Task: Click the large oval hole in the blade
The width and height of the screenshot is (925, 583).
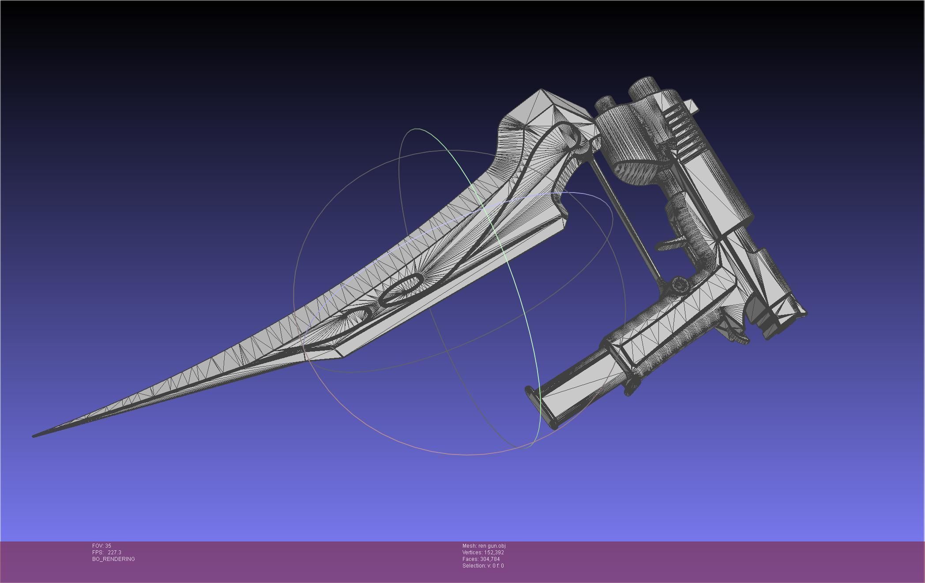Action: (x=401, y=290)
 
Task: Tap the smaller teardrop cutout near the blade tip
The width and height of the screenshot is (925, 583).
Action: (x=357, y=316)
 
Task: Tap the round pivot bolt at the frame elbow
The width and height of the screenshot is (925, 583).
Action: (x=680, y=285)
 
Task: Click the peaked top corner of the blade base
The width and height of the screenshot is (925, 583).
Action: (x=541, y=91)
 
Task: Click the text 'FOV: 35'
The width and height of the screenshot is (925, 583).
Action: (x=102, y=546)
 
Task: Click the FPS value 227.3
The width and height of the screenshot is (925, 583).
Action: (x=114, y=553)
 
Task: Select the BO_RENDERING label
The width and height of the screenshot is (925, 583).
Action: (x=113, y=559)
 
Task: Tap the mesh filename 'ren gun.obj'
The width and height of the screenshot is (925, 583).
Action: (x=492, y=546)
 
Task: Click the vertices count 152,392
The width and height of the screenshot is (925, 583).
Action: (x=493, y=553)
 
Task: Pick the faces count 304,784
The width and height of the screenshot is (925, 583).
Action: (x=490, y=559)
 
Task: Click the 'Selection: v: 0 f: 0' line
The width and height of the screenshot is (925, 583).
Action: (x=483, y=566)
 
